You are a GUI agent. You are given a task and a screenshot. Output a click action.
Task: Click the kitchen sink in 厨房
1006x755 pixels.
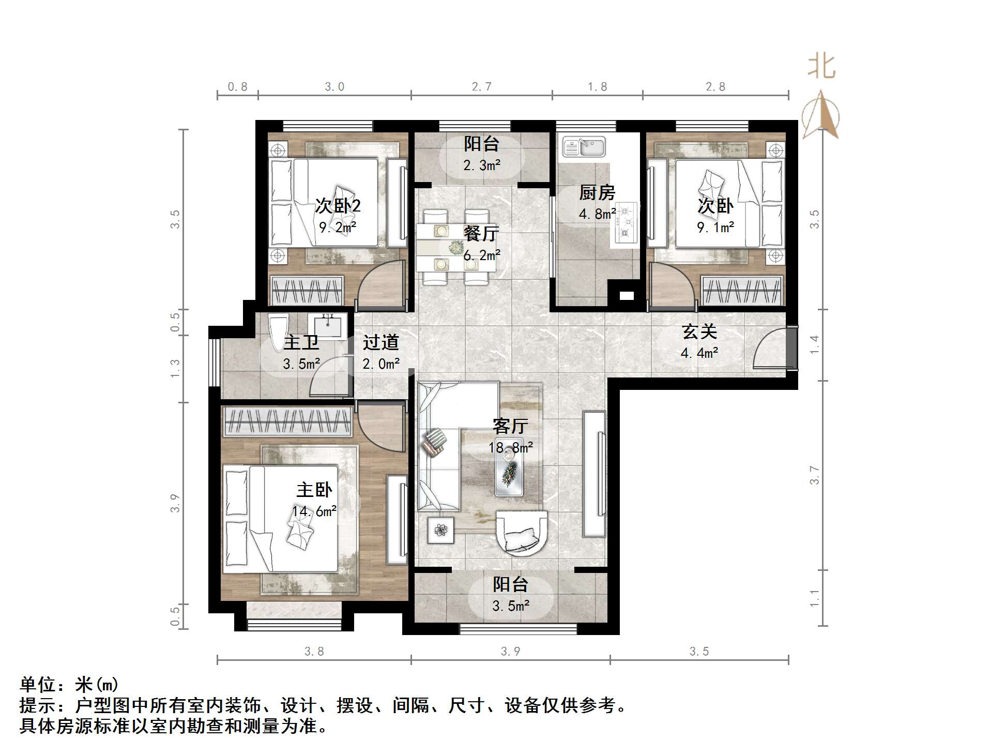point(584,147)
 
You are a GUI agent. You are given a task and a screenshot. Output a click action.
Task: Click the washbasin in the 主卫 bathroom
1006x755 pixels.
point(327,326)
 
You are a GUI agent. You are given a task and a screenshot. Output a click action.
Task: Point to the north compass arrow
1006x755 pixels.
point(820,116)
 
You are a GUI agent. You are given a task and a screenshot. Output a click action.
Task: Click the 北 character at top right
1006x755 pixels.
point(821,67)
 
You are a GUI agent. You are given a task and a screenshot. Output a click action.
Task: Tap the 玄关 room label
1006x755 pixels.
point(699,332)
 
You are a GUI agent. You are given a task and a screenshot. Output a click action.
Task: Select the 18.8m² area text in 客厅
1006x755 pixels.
point(510,447)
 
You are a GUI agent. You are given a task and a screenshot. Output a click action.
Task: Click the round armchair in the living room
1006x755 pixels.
point(521,533)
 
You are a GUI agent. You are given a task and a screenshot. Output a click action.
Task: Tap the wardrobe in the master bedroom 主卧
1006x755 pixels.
point(287,421)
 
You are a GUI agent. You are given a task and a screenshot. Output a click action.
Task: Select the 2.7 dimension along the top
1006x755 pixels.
point(481,87)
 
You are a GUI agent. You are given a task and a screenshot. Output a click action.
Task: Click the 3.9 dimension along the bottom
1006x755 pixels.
point(510,651)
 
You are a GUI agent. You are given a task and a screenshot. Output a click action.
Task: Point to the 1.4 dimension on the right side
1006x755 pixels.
point(814,344)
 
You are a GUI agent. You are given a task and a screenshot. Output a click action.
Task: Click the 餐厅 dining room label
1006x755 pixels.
point(481,234)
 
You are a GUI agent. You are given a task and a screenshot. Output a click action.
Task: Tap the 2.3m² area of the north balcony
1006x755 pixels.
point(481,165)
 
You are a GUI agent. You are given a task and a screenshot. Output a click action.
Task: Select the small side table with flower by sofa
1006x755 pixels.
point(440,530)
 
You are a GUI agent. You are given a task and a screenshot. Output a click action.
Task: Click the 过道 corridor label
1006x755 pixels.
point(380,342)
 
